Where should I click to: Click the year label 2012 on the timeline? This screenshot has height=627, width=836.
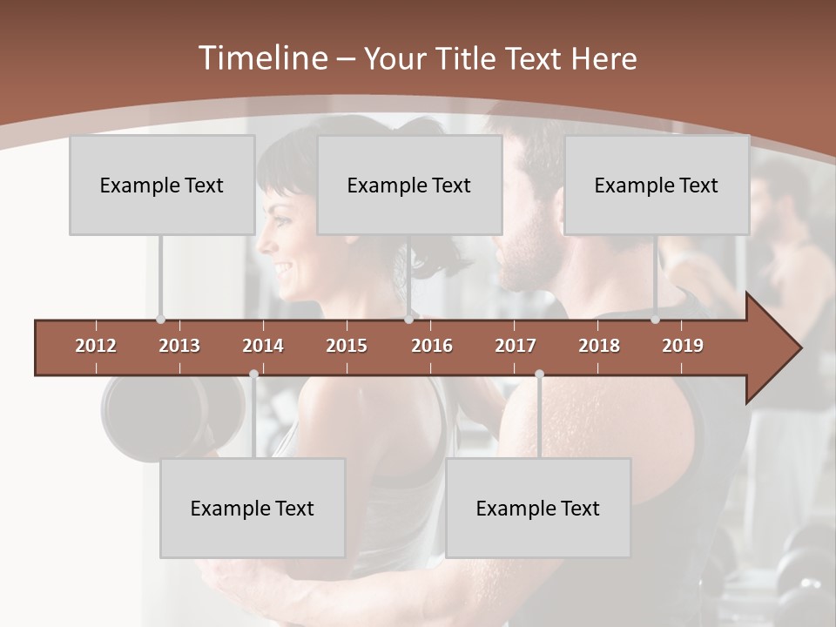coord(96,346)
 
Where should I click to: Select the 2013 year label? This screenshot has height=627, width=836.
coord(179,346)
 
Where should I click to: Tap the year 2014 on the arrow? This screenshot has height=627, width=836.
coord(263,346)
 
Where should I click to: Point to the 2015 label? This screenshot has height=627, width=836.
coord(347,346)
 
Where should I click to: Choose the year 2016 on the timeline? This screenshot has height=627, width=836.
coord(432,346)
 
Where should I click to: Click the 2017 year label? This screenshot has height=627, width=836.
coord(516,346)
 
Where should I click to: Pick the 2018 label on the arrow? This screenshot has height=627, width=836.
coord(599,346)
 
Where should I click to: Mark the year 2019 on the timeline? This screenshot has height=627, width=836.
coord(683,346)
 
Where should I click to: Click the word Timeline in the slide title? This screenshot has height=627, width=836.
coord(260,58)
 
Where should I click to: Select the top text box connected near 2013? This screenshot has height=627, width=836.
coord(161,185)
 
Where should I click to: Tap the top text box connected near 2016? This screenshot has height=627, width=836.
coord(408,185)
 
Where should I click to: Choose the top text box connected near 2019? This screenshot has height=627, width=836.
coord(656,185)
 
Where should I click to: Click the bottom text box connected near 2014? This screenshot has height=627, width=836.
coord(252,508)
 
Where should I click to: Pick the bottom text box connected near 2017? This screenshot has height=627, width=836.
coord(537,508)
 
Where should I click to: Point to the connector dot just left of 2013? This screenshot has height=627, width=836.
coord(160,320)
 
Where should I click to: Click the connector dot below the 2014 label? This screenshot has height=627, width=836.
coord(253,374)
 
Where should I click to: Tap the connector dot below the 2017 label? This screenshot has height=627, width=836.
coord(539,374)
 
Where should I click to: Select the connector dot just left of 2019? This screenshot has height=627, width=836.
coord(655,320)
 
